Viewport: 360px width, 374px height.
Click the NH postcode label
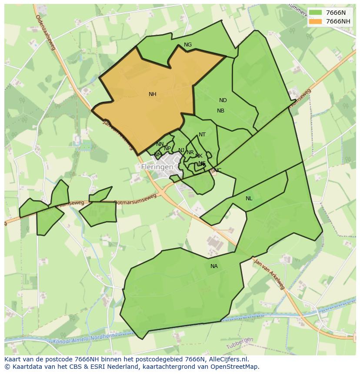point(152,94)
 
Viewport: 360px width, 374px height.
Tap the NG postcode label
point(188,45)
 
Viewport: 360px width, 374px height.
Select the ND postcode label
point(223,100)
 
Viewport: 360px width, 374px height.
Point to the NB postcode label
point(220,111)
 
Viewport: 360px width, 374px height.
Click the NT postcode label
point(202,135)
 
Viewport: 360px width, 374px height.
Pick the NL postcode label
point(249,199)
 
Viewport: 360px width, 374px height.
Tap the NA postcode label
point(214,266)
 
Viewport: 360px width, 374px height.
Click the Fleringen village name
point(157,167)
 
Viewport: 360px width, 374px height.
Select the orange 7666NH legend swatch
point(316,21)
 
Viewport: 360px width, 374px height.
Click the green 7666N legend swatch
point(316,13)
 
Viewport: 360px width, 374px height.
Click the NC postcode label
point(217,170)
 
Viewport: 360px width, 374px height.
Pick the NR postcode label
point(190,152)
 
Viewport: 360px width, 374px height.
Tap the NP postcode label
point(167,149)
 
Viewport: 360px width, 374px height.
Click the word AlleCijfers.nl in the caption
point(226,359)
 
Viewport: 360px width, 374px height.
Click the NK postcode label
point(199,156)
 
